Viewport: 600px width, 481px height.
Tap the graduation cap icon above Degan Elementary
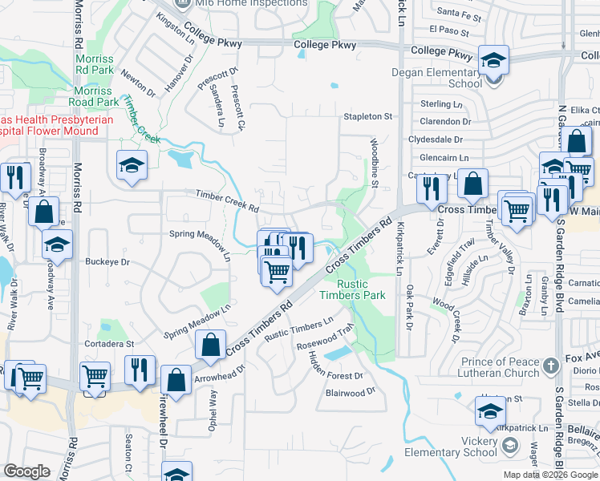[x=494, y=60]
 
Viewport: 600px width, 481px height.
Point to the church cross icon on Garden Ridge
[x=550, y=366]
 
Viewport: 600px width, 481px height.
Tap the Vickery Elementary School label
[x=480, y=447]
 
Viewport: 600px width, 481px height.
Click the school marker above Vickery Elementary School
[x=489, y=411]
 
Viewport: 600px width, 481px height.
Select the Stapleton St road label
[x=367, y=117]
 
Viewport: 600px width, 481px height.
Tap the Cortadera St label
[x=110, y=343]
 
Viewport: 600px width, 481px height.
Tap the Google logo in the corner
[x=26, y=471]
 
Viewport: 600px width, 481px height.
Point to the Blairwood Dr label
[x=351, y=392]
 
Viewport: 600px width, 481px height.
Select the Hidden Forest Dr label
[x=336, y=366]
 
